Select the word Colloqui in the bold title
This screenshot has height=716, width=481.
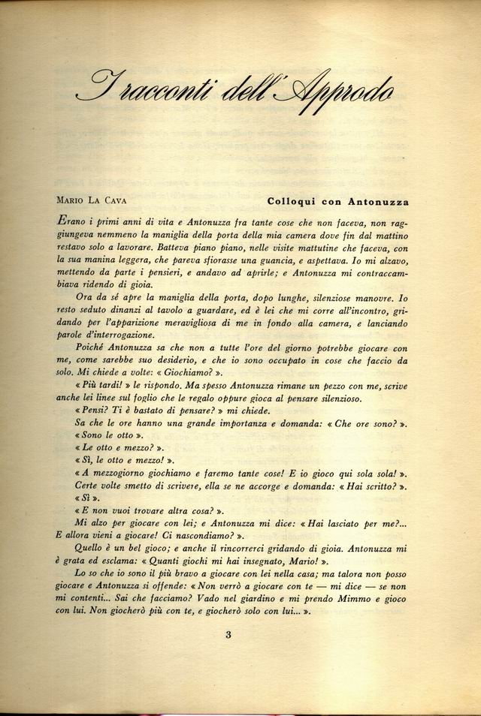292,200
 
